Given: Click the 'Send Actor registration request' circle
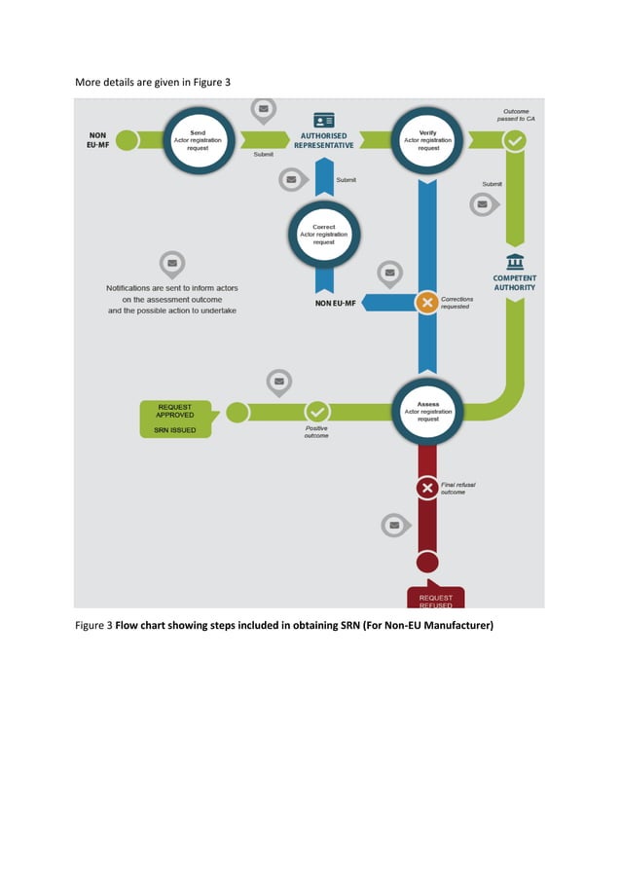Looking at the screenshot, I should point(198,140).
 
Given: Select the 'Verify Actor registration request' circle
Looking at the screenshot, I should point(426,140).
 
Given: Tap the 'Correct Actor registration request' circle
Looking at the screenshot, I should point(324,236).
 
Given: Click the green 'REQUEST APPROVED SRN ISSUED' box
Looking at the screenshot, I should point(174,419).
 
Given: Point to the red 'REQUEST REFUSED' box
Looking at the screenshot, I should point(435,599).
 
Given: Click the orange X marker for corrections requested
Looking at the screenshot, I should point(426,303).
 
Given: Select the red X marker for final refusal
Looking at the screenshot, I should point(426,488).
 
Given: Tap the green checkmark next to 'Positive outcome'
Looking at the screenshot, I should point(317,413).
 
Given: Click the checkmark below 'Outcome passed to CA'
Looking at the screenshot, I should point(515,141).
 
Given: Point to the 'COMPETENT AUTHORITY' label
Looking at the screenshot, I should point(515,282).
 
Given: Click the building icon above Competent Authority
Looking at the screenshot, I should point(515,261).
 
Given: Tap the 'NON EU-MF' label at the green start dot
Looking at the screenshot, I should point(97,140).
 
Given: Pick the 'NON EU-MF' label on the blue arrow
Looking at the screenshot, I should point(335,303).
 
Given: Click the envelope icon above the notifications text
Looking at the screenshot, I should point(172,263).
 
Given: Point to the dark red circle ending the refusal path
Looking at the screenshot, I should point(426,563).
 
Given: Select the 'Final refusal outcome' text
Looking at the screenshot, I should point(458,488).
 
